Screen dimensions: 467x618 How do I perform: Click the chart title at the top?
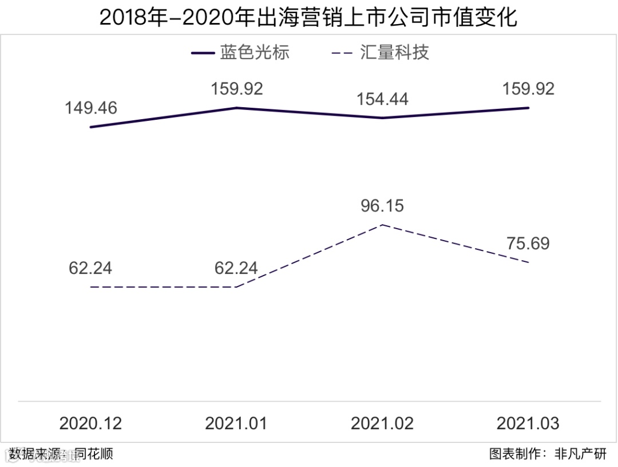point(308,17)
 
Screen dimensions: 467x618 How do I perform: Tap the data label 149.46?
point(91,108)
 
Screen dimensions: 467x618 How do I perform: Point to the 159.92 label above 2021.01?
point(236,89)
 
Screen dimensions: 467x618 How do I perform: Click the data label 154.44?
point(382,99)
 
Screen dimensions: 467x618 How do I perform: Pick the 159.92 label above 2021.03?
point(528,89)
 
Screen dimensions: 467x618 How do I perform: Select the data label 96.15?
point(382,206)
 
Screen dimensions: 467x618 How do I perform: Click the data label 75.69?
point(528,244)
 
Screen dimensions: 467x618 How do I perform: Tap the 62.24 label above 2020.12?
point(91,268)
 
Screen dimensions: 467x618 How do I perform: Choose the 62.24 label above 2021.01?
point(236,268)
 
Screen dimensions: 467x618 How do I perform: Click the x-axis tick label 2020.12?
point(91,423)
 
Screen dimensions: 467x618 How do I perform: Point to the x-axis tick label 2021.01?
point(236,423)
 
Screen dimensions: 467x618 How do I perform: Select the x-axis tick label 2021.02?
point(382,423)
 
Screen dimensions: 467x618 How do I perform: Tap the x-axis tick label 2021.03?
point(528,423)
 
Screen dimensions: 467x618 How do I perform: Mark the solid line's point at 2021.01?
point(236,108)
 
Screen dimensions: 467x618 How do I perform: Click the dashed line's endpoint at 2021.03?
point(528,262)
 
